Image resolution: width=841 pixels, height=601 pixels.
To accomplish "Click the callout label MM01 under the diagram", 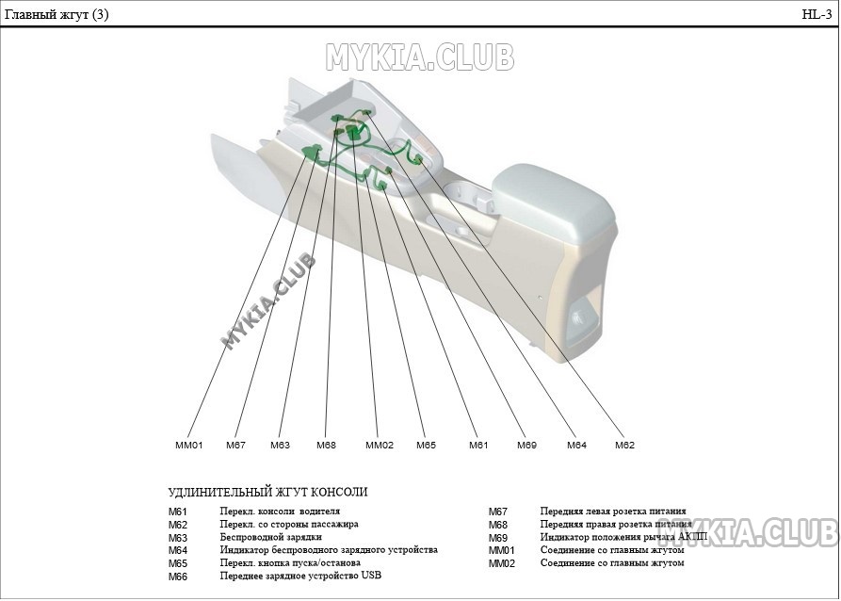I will [189, 445].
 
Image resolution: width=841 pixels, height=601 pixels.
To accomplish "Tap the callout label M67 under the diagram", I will [235, 445].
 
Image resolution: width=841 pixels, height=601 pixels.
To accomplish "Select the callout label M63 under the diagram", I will [280, 445].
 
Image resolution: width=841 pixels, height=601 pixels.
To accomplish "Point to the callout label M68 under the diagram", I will [326, 445].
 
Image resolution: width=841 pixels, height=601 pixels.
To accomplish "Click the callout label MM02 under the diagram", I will [379, 445].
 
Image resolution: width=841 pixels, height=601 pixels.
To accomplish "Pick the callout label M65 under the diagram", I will [426, 445].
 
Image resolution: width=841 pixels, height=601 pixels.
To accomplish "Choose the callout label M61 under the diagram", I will [478, 445].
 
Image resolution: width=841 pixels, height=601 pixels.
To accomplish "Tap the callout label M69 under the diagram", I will [526, 445].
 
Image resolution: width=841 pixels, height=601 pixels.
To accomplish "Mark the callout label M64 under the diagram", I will [576, 445].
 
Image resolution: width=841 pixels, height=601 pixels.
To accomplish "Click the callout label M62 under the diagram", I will [624, 445].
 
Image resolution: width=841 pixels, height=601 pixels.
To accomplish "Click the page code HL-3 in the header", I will [816, 14].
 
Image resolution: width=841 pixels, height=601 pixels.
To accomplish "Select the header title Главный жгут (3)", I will [57, 14].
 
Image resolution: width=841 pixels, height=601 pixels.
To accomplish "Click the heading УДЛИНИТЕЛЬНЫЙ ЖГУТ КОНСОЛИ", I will [267, 492].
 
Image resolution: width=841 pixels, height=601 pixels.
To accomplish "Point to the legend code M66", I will [178, 577].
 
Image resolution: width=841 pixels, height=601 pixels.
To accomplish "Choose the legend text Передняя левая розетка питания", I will [612, 512].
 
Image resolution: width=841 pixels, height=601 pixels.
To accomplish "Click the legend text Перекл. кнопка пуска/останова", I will [289, 562].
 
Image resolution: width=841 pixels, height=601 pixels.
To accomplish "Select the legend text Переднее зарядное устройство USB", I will [300, 576].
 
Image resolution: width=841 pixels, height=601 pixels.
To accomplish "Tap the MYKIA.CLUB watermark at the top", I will [420, 57].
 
